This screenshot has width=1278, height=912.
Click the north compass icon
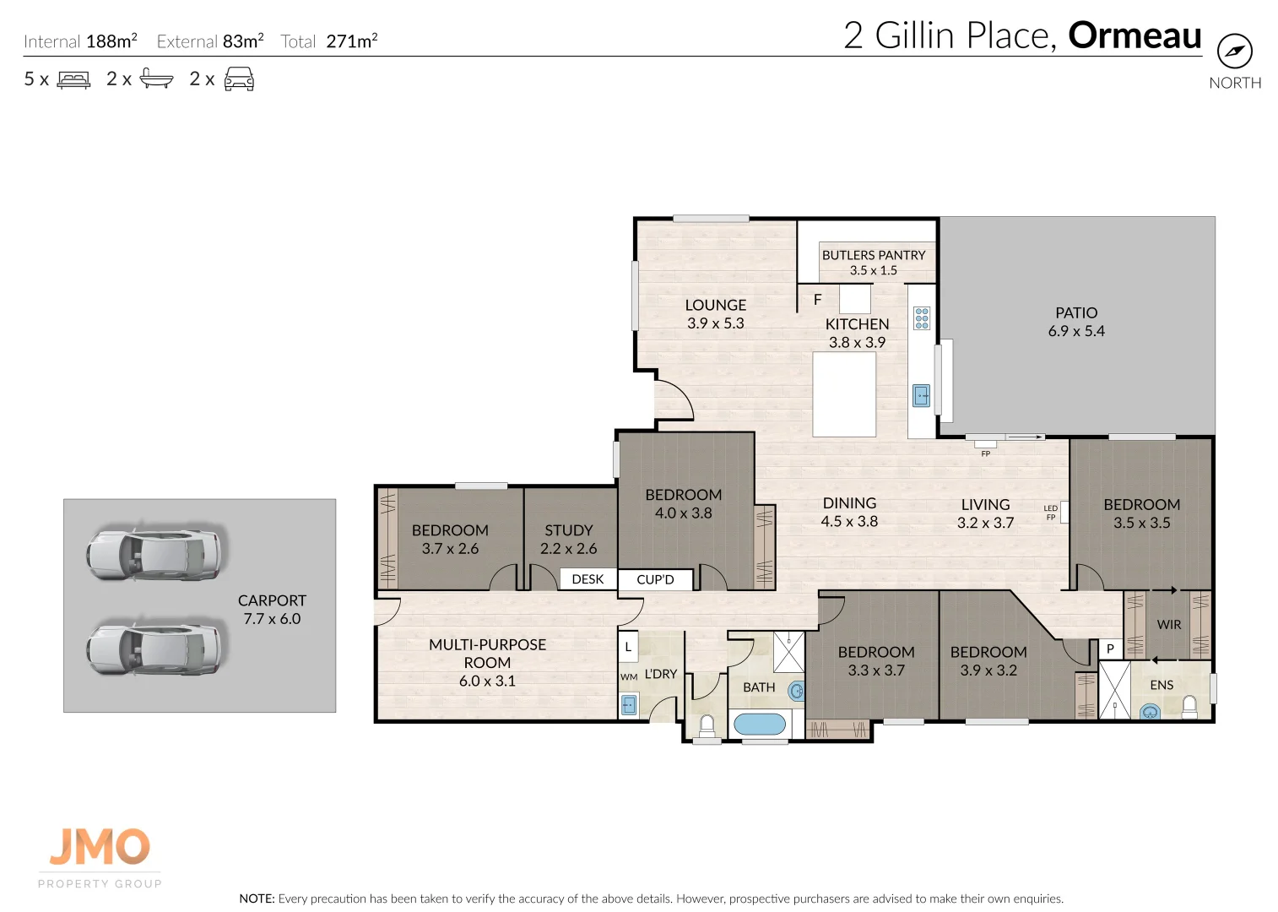click(1234, 52)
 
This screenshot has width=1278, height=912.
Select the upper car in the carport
click(155, 555)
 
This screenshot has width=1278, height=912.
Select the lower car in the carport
click(155, 649)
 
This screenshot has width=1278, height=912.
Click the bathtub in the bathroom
click(759, 724)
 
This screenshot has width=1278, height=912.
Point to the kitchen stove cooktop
click(922, 318)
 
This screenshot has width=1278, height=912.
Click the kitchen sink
click(921, 395)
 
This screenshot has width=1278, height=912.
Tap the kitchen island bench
click(844, 394)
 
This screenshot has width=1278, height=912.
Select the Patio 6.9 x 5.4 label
click(1076, 322)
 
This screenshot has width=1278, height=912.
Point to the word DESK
click(588, 579)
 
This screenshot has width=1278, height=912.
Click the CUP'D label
click(655, 579)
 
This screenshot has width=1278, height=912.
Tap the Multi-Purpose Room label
click(487, 662)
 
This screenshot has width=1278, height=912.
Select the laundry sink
click(629, 705)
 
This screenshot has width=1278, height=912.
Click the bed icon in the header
click(73, 79)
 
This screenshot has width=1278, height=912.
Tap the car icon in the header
click(239, 79)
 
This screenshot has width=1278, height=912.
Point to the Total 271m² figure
click(329, 41)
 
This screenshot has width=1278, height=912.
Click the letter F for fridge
click(817, 300)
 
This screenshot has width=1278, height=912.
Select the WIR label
click(1169, 625)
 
